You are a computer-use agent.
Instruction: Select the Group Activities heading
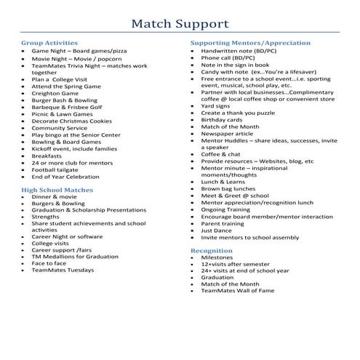(x=49, y=43)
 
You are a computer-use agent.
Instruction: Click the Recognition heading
(x=212, y=249)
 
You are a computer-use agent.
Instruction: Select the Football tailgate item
(x=60, y=169)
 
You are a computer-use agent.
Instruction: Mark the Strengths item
(x=46, y=217)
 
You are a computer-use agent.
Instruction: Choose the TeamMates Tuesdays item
(x=63, y=271)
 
